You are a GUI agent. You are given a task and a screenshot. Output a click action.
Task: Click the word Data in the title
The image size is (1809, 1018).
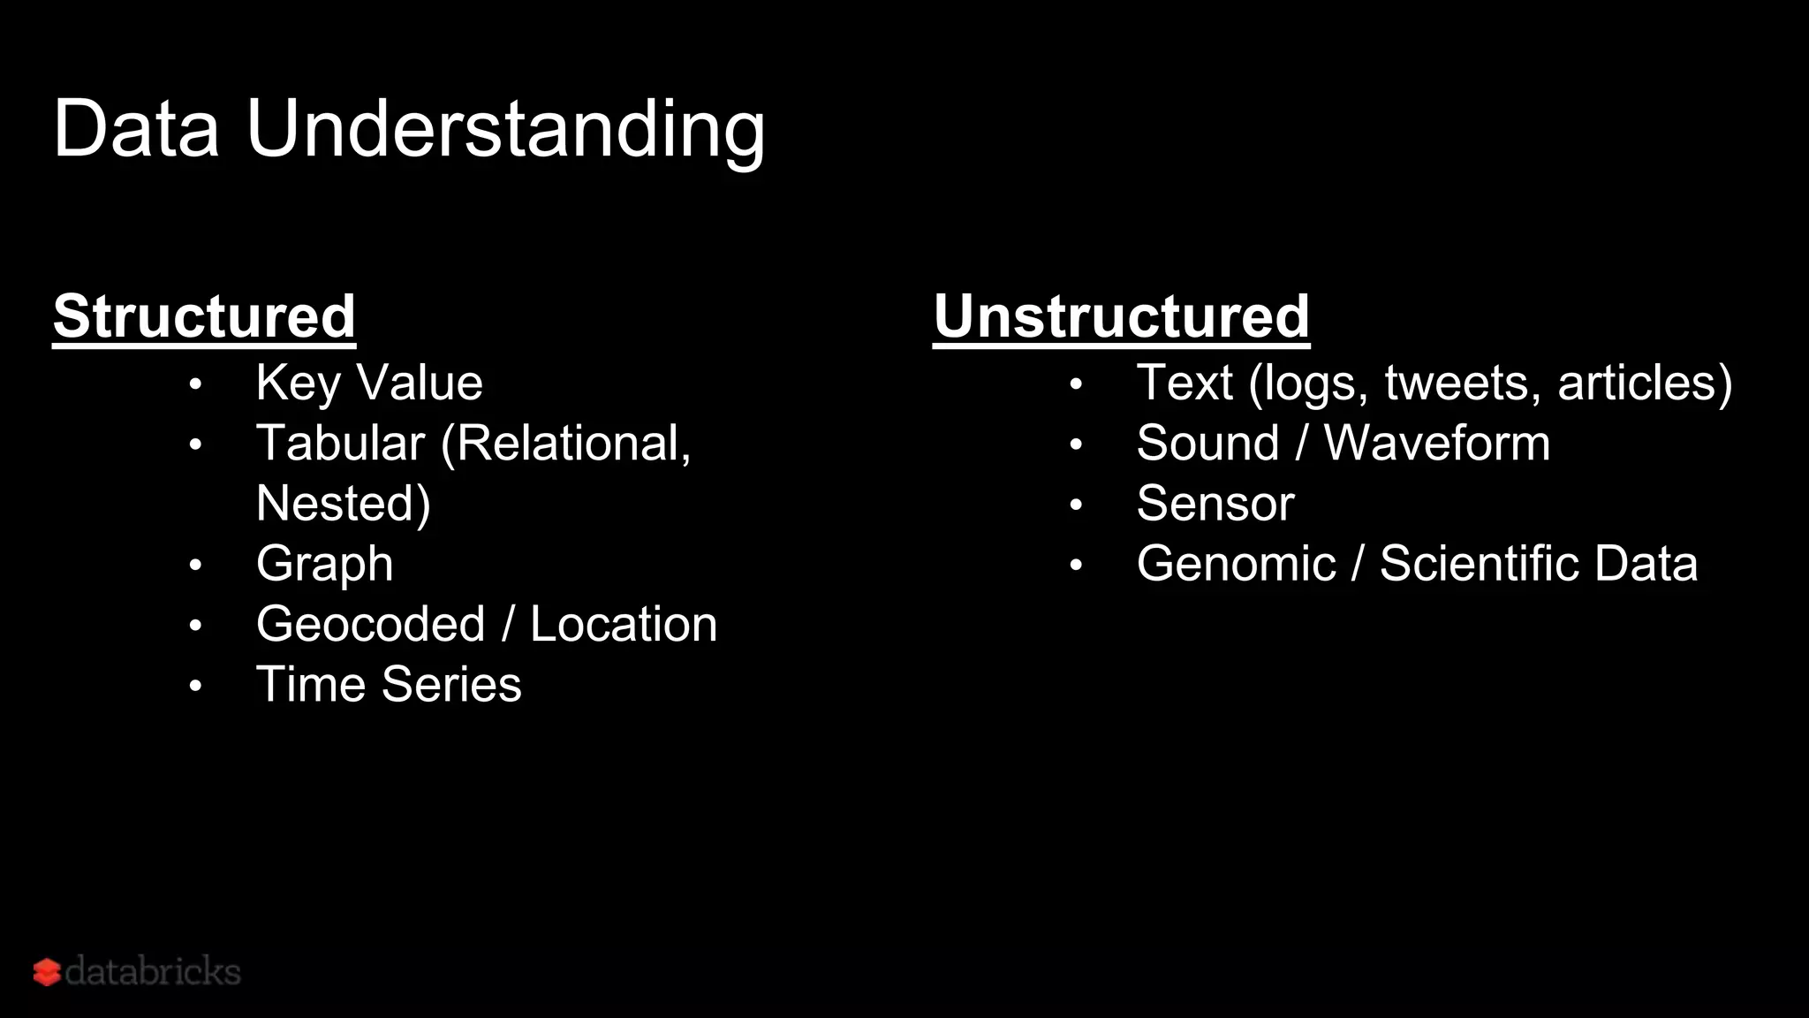136,129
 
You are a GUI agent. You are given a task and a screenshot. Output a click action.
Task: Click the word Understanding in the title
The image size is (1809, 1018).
505,131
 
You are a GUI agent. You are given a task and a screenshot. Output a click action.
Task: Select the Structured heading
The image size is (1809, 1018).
204,315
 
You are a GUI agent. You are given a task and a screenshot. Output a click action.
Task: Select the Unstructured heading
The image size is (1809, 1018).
1121,315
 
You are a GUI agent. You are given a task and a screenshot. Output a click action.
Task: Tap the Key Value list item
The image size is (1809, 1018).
369,383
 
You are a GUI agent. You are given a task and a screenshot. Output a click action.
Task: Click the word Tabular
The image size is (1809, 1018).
340,443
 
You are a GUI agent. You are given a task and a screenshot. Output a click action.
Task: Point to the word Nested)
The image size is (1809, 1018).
343,504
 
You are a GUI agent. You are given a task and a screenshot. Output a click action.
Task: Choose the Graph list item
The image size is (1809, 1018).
324,564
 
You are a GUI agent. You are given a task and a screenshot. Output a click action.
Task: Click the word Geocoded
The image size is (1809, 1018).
370,624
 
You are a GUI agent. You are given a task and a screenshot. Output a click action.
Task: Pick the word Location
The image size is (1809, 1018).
624,624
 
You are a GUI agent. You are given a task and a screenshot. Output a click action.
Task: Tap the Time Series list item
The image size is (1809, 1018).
389,684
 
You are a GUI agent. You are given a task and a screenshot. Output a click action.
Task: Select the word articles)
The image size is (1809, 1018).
1645,383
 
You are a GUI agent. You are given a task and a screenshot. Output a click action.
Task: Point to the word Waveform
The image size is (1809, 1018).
1436,443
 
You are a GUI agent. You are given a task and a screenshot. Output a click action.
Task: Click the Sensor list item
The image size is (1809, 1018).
1215,504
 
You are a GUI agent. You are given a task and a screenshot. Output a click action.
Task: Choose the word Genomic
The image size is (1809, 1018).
1236,564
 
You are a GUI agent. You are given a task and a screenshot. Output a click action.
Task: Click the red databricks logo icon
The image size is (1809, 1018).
47,972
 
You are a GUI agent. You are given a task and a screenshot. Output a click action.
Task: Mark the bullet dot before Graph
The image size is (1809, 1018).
195,565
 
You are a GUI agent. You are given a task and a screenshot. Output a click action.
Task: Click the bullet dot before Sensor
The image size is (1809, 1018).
1075,505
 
